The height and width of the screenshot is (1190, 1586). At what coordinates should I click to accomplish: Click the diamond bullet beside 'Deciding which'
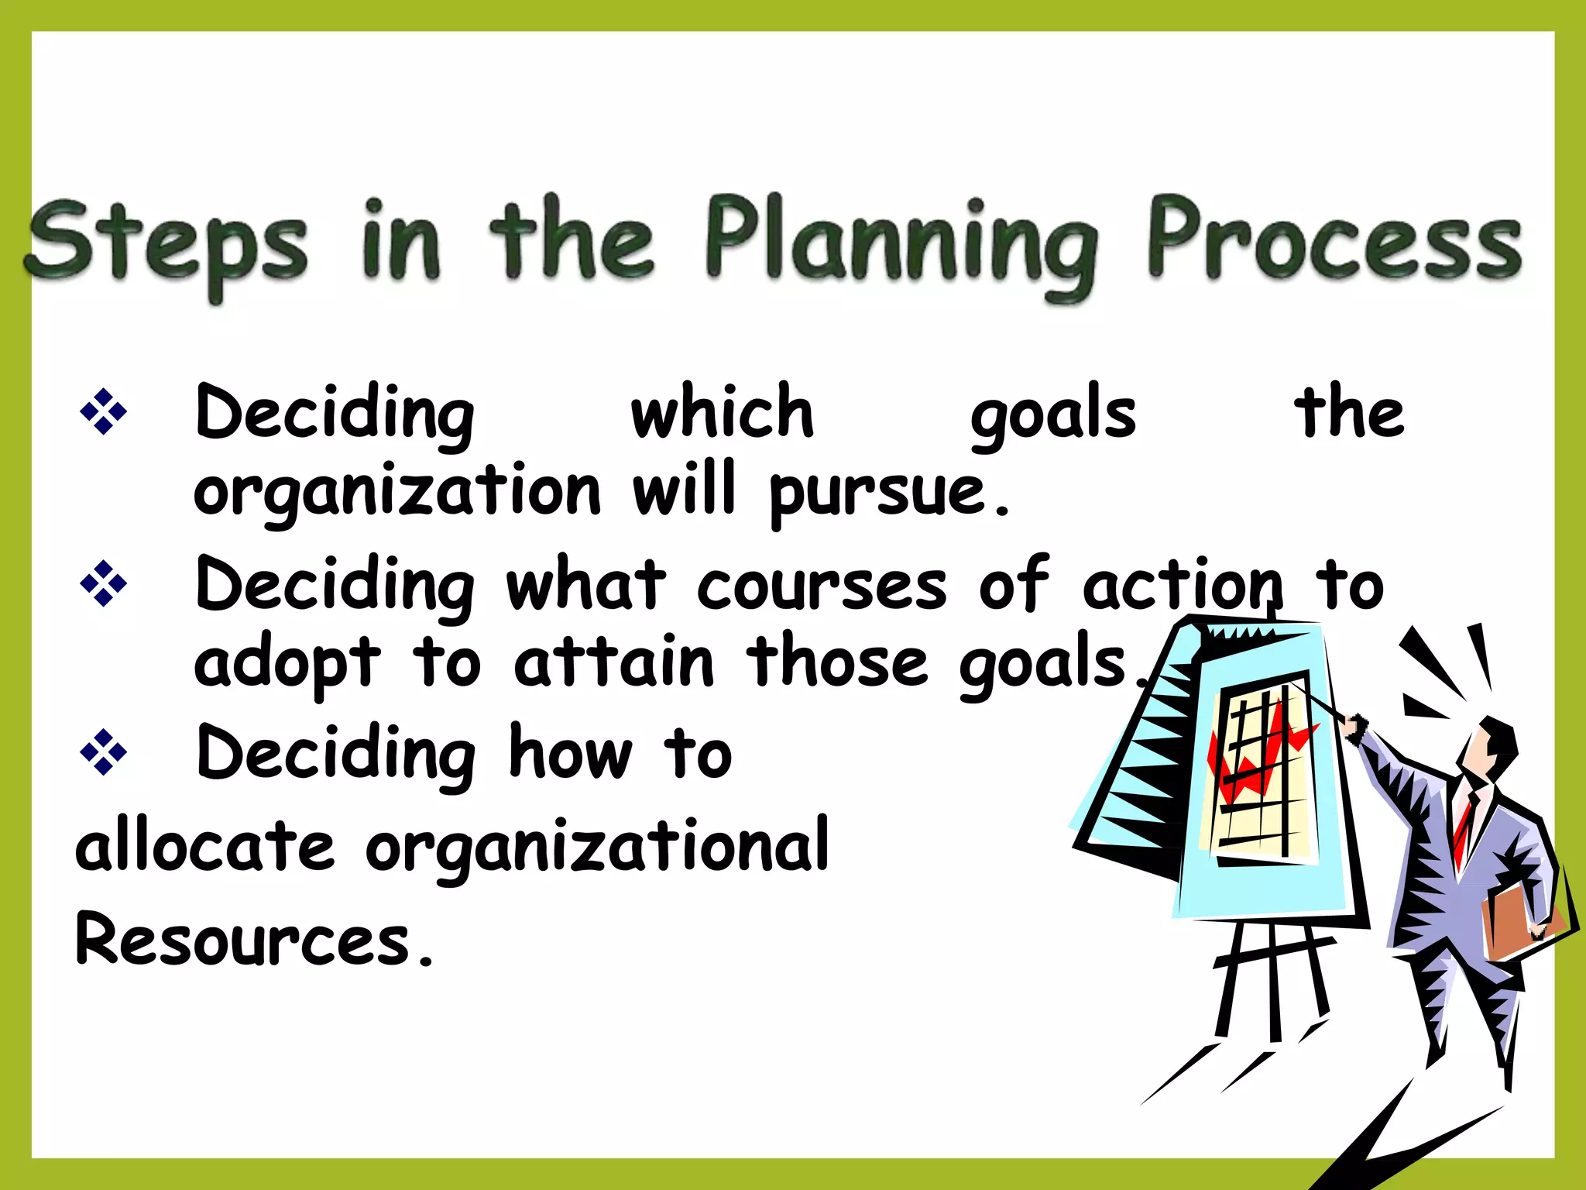(x=103, y=411)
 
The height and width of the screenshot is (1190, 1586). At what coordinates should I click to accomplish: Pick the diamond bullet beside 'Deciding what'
(x=103, y=583)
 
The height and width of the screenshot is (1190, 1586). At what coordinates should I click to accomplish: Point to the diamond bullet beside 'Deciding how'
(x=103, y=751)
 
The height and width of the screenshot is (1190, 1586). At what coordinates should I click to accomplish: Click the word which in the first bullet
(x=722, y=412)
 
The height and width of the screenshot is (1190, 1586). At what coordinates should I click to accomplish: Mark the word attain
(x=613, y=662)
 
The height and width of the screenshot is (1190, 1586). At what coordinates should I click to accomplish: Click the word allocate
(x=205, y=846)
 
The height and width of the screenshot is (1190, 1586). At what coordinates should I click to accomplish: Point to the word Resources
(x=243, y=939)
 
